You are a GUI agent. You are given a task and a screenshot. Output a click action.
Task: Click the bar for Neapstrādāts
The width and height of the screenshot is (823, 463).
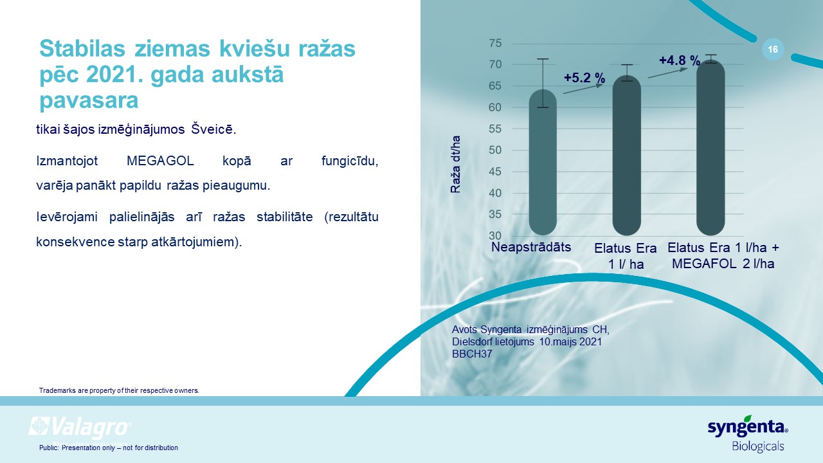click(543, 162)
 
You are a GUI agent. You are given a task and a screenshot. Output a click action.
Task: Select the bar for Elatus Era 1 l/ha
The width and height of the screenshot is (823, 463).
click(626, 156)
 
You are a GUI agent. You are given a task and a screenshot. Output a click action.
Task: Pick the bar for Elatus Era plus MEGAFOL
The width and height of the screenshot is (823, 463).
click(710, 148)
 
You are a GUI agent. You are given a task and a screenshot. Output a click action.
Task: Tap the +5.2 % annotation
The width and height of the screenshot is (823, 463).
click(584, 78)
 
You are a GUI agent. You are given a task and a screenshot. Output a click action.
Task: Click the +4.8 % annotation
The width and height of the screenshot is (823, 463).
click(680, 60)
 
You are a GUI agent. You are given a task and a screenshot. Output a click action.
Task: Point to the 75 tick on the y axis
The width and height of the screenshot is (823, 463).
click(495, 43)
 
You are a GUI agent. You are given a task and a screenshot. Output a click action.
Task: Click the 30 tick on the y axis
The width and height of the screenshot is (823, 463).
click(495, 235)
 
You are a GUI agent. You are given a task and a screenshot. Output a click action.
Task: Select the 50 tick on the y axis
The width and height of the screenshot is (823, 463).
click(495, 150)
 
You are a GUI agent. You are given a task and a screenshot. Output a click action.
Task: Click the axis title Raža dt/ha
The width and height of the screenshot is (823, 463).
click(456, 164)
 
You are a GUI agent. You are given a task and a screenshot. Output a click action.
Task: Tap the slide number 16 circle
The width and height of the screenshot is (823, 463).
click(773, 50)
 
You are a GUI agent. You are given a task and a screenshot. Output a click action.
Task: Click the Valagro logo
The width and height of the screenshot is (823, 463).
click(80, 428)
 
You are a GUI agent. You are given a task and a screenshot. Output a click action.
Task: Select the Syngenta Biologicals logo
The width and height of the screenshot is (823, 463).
click(748, 433)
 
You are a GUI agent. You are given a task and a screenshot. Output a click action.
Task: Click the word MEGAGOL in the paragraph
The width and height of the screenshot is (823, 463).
click(160, 161)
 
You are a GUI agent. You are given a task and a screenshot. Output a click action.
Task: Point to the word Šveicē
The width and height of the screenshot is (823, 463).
click(213, 129)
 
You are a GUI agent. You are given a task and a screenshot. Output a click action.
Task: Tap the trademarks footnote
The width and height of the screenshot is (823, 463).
click(119, 390)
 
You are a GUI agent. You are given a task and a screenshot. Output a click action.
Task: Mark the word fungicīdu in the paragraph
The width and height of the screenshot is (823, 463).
click(350, 161)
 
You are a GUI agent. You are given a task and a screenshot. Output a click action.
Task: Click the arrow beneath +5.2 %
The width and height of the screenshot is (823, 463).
click(583, 89)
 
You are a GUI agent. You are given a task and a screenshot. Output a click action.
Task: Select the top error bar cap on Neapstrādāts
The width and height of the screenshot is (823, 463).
click(543, 59)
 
